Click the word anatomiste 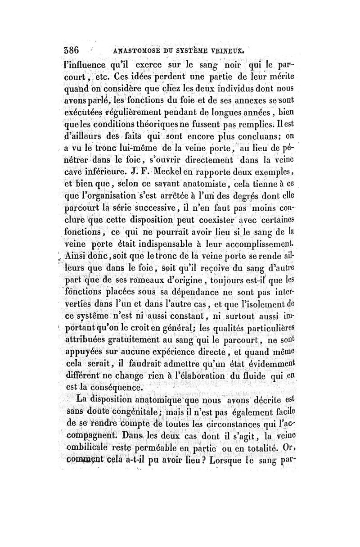tap(201, 184)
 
